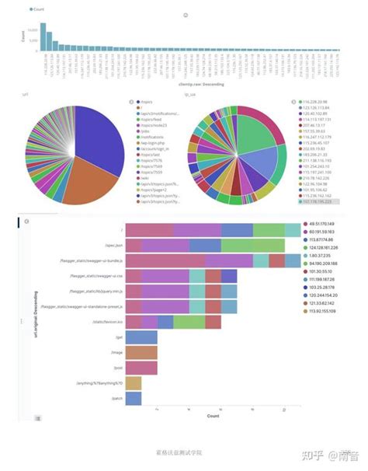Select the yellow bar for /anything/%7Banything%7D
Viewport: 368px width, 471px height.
[x=134, y=382]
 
